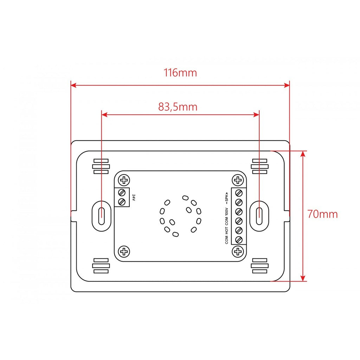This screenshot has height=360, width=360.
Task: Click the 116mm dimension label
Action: pyautogui.click(x=180, y=73)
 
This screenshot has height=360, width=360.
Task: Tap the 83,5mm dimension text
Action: pyautogui.click(x=178, y=107)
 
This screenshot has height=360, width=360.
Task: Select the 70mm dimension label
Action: pyautogui.click(x=323, y=214)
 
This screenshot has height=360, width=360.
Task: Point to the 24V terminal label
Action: pyautogui.click(x=134, y=198)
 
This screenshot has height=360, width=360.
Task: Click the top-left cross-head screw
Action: pyautogui.click(x=124, y=180)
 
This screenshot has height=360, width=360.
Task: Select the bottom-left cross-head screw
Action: pyautogui.click(x=124, y=252)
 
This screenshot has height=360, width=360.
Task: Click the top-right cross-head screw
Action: pyautogui.click(x=238, y=180)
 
